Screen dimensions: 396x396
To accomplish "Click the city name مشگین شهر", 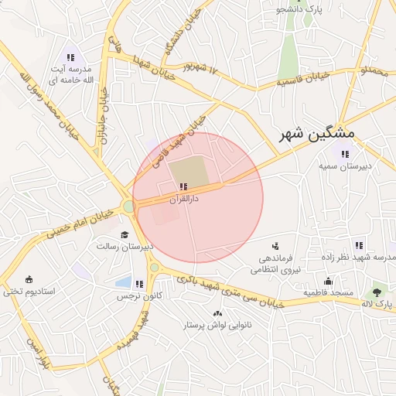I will tap(316, 133).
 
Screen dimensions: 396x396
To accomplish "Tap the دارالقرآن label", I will tap(184, 198).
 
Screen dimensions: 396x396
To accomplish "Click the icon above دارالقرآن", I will tap(183, 186).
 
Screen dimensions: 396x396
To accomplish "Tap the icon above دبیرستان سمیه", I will tap(345, 154).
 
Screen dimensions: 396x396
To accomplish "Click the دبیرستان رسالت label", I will tap(125, 246).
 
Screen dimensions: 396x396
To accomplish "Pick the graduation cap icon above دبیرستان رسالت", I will tap(124, 234).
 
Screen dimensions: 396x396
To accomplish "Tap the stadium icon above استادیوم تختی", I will tap(29, 279).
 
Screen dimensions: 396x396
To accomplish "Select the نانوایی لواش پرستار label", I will tap(217, 326).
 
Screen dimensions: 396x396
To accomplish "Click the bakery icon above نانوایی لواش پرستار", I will tap(217, 313).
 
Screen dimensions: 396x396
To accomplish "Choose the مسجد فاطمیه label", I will tap(328, 293).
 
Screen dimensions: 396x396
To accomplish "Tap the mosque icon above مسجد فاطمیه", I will tap(328, 281).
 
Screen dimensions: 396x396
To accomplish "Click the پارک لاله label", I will tap(378, 304).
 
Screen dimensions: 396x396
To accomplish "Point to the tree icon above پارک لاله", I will tap(377, 292).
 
